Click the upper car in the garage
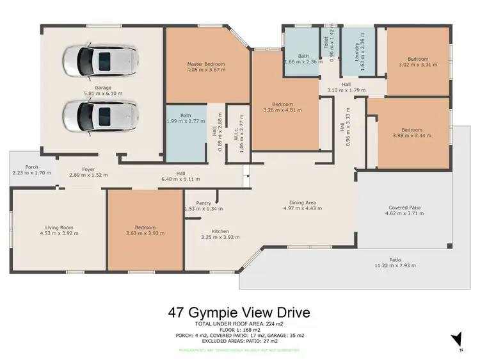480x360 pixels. tap(100, 61)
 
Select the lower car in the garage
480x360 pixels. tap(100, 117)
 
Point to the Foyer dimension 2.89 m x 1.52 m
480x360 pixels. tap(88, 175)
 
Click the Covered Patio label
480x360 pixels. tap(405, 207)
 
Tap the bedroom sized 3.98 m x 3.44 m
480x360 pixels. tap(412, 133)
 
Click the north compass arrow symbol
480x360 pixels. tap(455, 339)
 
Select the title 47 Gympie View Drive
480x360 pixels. tap(239, 313)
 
